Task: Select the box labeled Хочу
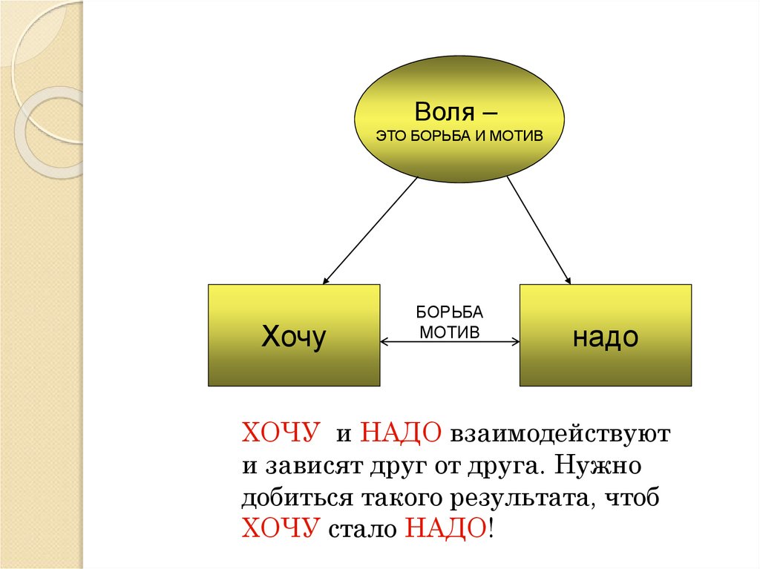(x=294, y=335)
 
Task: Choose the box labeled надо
(x=605, y=335)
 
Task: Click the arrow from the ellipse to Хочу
(x=371, y=230)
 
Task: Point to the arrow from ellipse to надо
(x=538, y=230)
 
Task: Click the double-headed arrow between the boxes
(x=450, y=342)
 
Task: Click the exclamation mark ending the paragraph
(x=490, y=530)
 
